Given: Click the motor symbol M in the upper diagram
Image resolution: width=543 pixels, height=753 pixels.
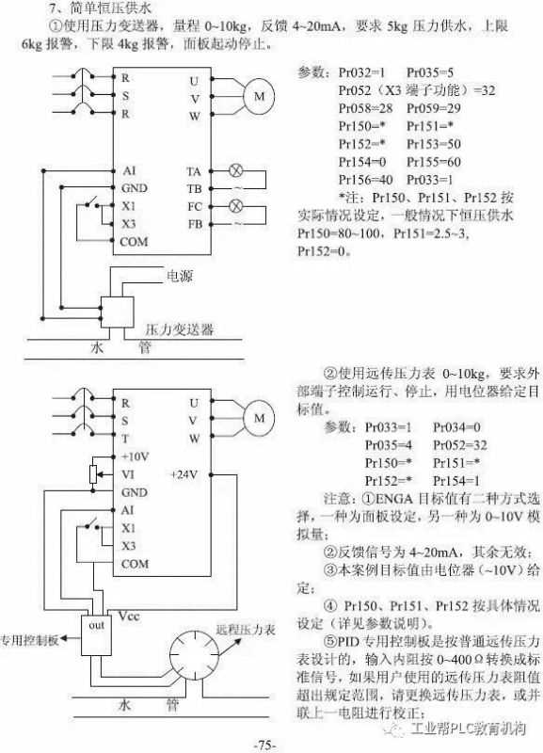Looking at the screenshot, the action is pyautogui.click(x=259, y=96).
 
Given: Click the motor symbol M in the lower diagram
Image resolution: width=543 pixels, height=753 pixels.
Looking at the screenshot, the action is pyautogui.click(x=259, y=418).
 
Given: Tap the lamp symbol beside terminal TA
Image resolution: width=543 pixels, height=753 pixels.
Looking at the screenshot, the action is pyautogui.click(x=235, y=170).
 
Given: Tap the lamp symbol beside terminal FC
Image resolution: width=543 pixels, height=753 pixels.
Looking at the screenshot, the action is pyautogui.click(x=235, y=206).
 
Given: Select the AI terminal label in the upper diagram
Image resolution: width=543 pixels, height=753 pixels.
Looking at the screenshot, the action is pyautogui.click(x=129, y=170).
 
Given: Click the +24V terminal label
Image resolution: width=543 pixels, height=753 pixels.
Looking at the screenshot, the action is pyautogui.click(x=184, y=474).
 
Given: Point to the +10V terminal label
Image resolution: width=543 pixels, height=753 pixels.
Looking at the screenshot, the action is pyautogui.click(x=135, y=457).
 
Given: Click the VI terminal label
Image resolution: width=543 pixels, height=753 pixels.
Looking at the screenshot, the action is pyautogui.click(x=128, y=474).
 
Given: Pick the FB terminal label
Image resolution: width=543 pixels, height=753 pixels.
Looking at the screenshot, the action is pyautogui.click(x=195, y=224).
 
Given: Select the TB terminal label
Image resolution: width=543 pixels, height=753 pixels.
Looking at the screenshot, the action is pyautogui.click(x=195, y=189).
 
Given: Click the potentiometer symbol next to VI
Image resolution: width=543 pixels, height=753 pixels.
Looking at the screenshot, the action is pyautogui.click(x=93, y=474).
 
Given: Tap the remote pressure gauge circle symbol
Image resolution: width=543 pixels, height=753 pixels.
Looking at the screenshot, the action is pyautogui.click(x=195, y=655).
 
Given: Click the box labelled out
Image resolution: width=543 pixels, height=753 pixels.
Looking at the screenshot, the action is pyautogui.click(x=96, y=634).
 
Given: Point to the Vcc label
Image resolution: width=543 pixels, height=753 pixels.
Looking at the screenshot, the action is pyautogui.click(x=129, y=616).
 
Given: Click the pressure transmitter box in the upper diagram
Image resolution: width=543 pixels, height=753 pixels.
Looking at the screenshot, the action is pyautogui.click(x=117, y=312).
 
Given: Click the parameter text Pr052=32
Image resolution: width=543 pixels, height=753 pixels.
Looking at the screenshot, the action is pyautogui.click(x=460, y=445).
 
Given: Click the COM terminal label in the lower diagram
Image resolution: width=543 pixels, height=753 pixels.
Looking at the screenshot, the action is pyautogui.click(x=135, y=564).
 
